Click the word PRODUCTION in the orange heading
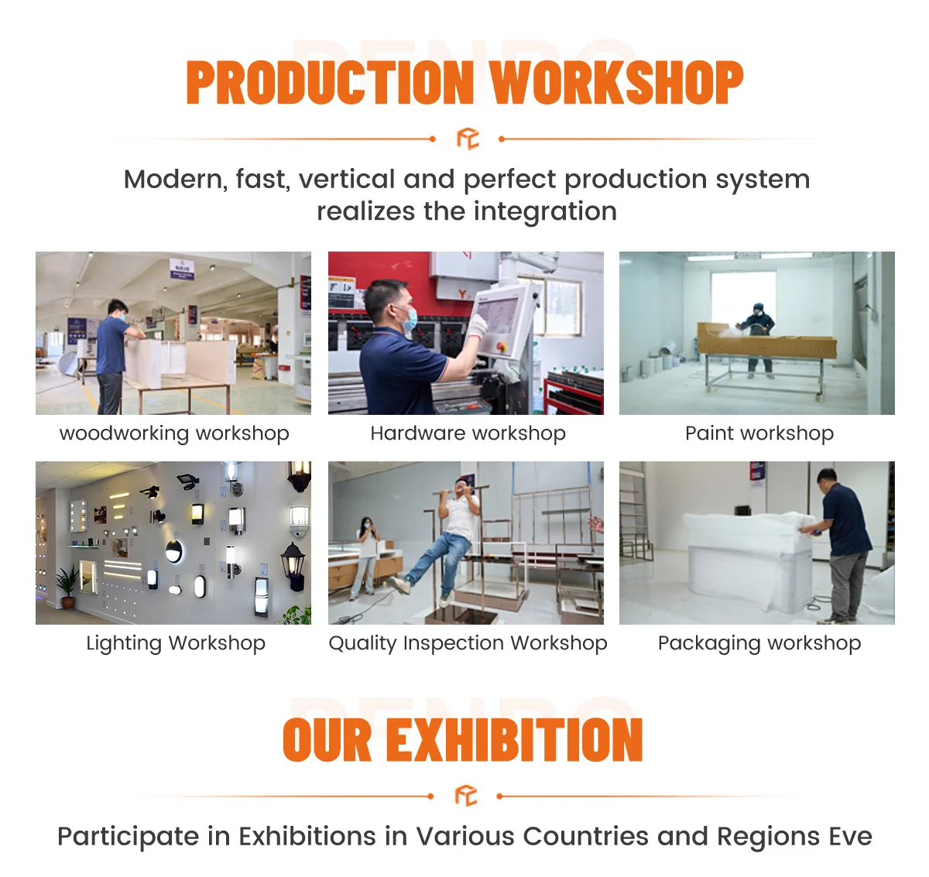point(330,83)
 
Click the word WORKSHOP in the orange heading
point(616,83)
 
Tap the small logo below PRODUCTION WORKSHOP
point(468,139)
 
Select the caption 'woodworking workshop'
point(174,433)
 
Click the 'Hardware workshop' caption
point(468,433)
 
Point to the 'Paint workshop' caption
point(759,433)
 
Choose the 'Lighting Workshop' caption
point(176,643)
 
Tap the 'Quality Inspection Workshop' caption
point(468,643)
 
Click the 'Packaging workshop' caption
point(759,643)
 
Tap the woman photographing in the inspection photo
point(365,553)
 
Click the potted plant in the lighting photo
point(68,587)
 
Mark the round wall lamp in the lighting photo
point(174,551)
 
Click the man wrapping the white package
point(842,542)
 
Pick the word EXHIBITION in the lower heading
point(514,740)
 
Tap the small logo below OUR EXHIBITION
point(465,796)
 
